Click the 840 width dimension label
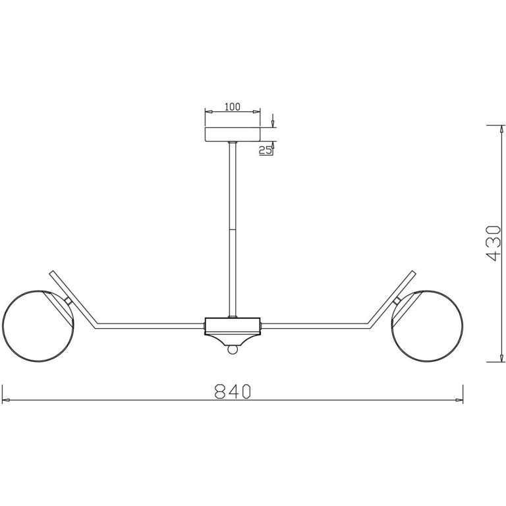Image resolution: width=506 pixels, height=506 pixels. [x=233, y=391]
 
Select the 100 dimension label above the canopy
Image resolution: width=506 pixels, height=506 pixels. [x=233, y=107]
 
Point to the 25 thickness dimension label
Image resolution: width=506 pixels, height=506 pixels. [x=266, y=150]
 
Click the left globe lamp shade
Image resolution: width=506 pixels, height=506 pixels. [x=38, y=326]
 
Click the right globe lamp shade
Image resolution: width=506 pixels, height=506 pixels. [x=427, y=326]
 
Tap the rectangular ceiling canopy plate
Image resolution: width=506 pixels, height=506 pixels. [x=233, y=134]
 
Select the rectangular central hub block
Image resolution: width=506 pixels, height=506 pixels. [x=233, y=326]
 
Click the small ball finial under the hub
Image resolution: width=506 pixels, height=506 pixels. [x=233, y=349]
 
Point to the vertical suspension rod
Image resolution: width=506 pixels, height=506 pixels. [x=233, y=230]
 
